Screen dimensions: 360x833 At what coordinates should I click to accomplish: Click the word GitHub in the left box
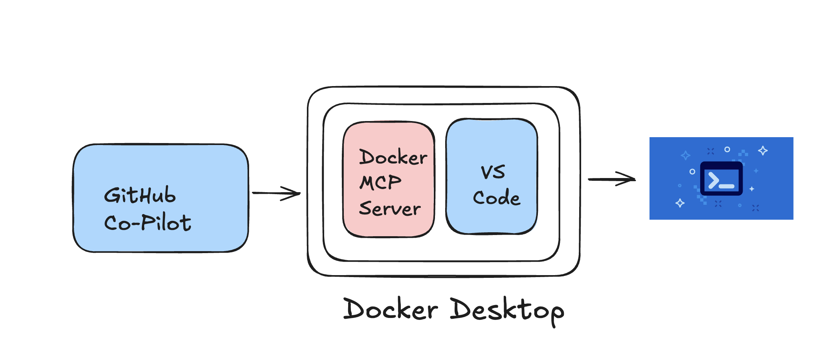click(x=140, y=195)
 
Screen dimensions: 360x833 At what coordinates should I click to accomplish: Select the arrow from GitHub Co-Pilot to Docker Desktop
click(x=275, y=193)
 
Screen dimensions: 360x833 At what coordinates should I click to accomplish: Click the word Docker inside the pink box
click(x=393, y=157)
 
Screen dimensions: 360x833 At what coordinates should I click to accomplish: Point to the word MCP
click(x=380, y=182)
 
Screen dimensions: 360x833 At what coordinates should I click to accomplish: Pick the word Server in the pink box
click(x=389, y=208)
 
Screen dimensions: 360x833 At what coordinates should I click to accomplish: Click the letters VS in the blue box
click(x=493, y=172)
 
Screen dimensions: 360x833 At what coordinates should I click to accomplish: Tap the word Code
click(x=496, y=197)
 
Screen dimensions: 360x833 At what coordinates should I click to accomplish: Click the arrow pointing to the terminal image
click(x=609, y=179)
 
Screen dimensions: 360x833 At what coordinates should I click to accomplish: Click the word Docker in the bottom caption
click(x=391, y=309)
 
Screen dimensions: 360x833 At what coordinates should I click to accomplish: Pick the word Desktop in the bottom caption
click(x=507, y=310)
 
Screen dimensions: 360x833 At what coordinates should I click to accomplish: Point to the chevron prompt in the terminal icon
click(x=713, y=181)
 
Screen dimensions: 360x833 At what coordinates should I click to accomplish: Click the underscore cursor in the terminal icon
click(x=727, y=186)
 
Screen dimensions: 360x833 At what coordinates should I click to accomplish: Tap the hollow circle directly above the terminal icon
click(x=727, y=149)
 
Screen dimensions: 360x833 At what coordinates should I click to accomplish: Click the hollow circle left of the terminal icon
click(x=692, y=172)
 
